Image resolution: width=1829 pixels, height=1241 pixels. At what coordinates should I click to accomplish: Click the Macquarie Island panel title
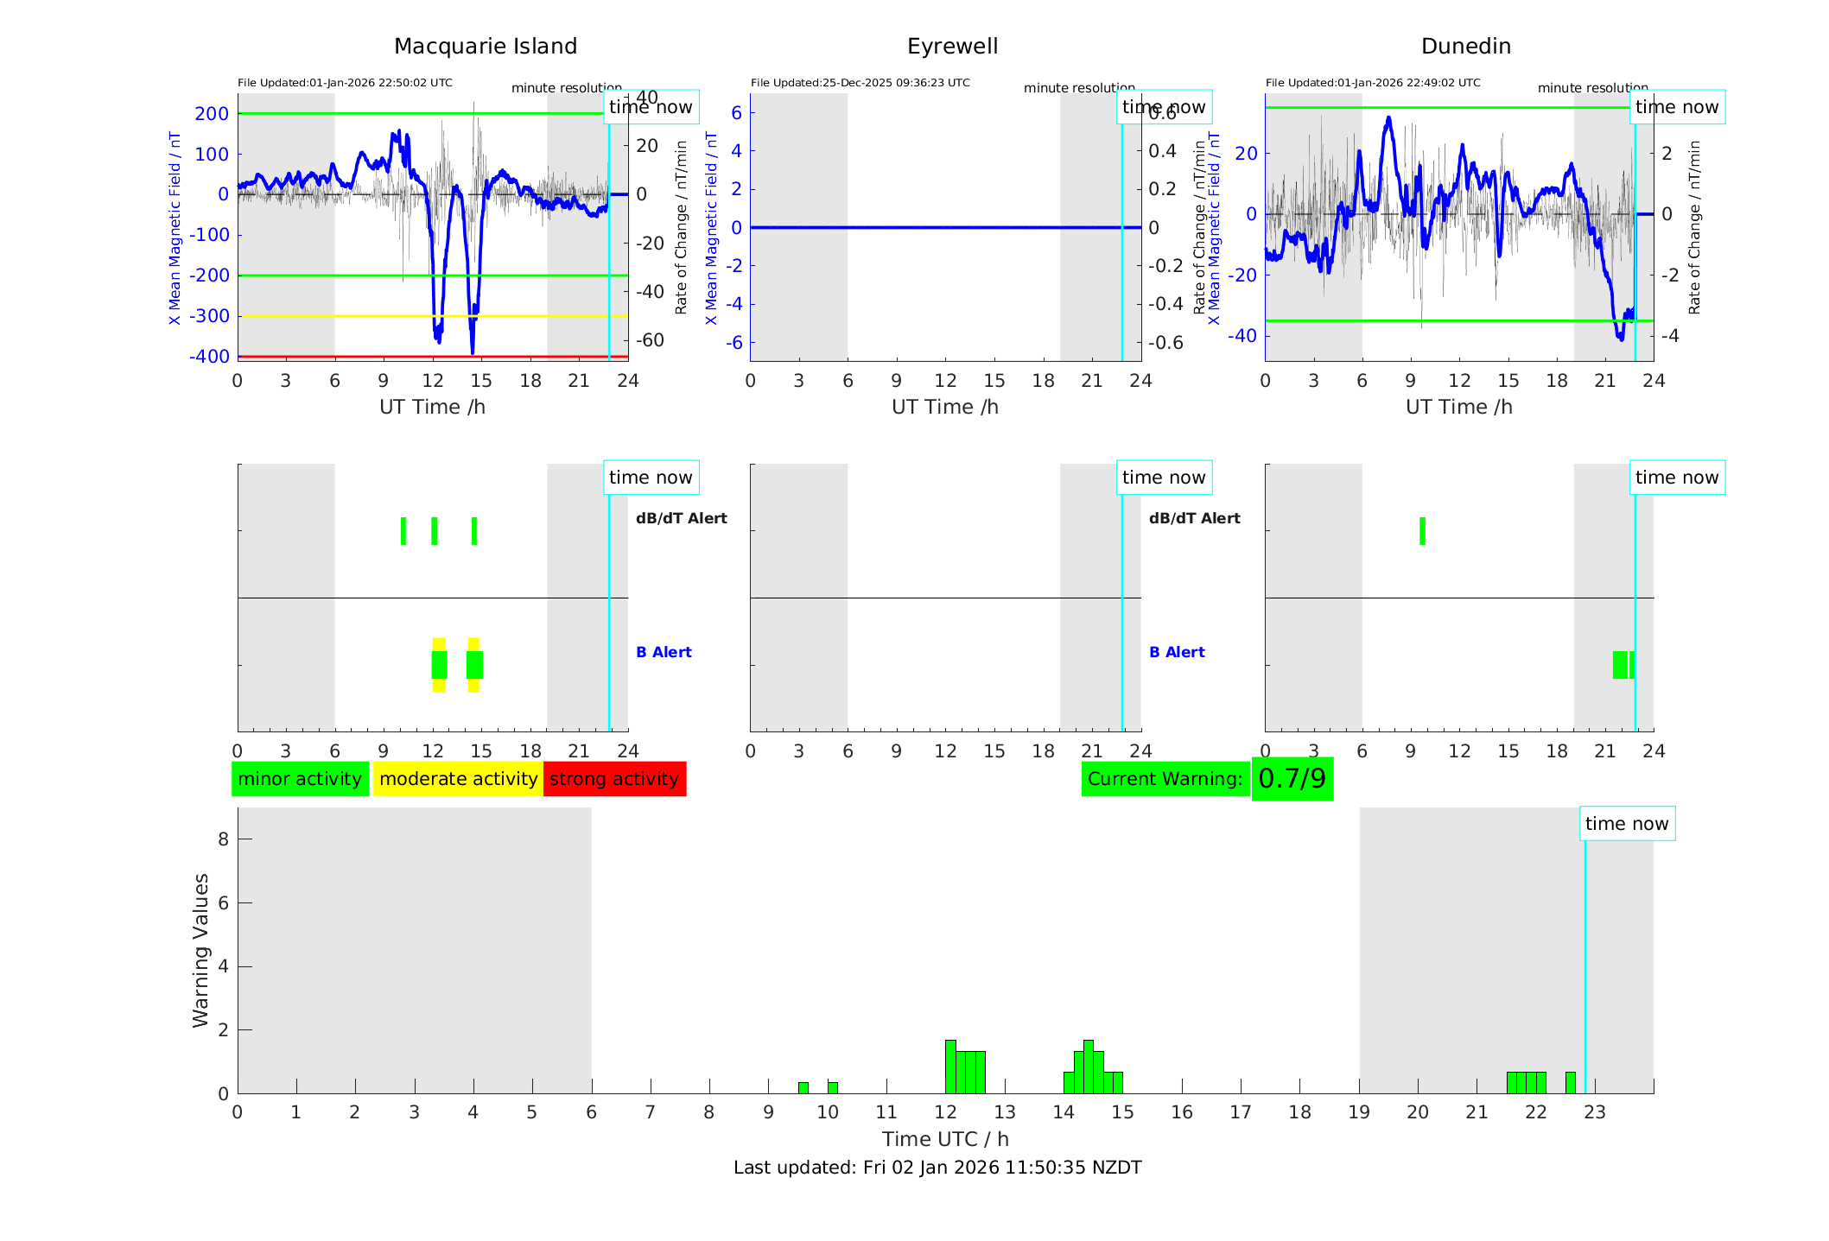(485, 47)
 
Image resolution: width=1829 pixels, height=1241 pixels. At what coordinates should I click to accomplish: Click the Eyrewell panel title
(952, 47)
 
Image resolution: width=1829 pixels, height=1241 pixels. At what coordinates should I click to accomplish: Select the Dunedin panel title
(1465, 47)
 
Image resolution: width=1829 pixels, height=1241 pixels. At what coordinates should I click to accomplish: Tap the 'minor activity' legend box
(300, 779)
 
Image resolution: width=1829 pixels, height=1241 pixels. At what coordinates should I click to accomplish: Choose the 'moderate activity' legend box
(458, 779)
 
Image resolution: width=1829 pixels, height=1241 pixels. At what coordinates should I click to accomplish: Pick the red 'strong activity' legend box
(614, 779)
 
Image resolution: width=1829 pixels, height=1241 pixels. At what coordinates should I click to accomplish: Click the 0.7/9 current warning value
(1292, 779)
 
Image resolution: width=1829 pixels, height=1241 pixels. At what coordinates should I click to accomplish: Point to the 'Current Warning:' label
(1165, 779)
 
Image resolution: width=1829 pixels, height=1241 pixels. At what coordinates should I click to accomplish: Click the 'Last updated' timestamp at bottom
(937, 1168)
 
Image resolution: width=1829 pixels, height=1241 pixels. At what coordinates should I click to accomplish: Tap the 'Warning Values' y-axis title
(200, 950)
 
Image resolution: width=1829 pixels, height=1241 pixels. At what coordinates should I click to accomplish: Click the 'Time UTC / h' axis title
(945, 1139)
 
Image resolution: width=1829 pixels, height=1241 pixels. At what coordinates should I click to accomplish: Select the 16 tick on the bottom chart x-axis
(1181, 1112)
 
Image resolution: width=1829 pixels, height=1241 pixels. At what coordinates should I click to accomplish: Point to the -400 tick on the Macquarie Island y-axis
(210, 357)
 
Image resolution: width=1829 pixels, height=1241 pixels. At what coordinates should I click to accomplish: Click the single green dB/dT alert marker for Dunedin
(1422, 531)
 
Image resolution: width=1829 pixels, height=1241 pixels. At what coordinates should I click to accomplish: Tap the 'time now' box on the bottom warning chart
(1627, 824)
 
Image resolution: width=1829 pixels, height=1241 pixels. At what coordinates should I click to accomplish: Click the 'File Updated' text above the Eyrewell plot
(860, 83)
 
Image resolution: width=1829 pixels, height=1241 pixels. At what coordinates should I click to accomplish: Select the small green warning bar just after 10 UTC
(833, 1087)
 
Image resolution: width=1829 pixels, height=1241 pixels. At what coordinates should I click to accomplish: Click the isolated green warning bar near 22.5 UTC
(1570, 1082)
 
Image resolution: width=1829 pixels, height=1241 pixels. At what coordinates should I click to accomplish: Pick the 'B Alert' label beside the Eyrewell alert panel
(1177, 652)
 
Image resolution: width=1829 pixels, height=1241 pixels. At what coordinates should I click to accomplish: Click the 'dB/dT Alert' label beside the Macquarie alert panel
(681, 518)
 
